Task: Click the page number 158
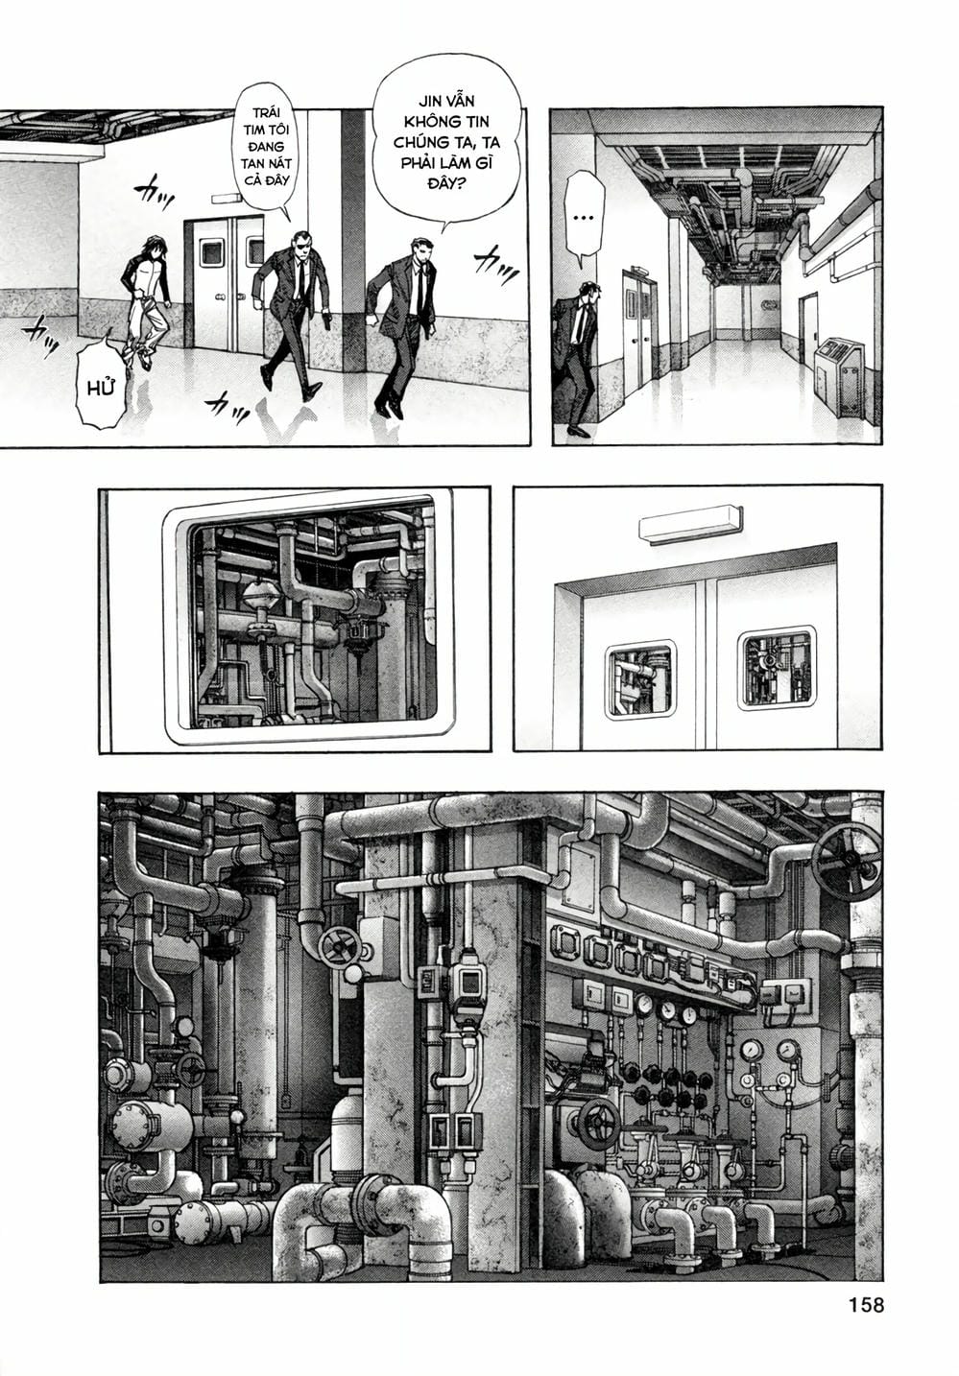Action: (865, 1306)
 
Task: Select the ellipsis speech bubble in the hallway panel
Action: (582, 219)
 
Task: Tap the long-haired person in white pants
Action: (146, 297)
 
